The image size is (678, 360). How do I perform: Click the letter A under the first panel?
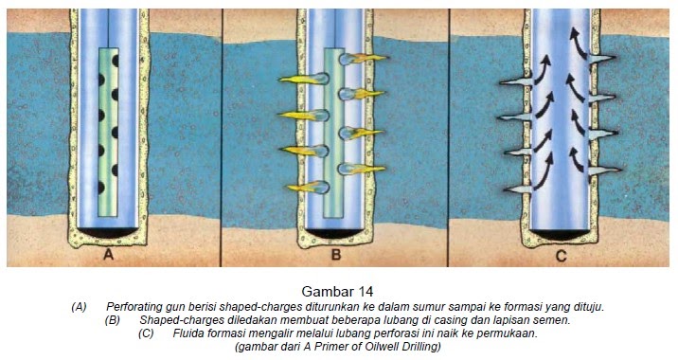pyautogui.click(x=109, y=255)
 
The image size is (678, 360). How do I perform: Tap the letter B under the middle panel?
pyautogui.click(x=336, y=255)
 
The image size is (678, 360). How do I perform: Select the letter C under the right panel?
pyautogui.click(x=561, y=256)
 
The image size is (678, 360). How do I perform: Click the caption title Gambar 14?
pyautogui.click(x=337, y=291)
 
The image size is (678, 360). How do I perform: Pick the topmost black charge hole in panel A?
pyautogui.click(x=115, y=60)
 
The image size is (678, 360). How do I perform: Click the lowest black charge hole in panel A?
pyautogui.click(x=101, y=188)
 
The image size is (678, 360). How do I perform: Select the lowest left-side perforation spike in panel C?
pyautogui.click(x=519, y=189)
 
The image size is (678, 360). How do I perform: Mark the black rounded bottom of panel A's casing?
pyautogui.click(x=108, y=232)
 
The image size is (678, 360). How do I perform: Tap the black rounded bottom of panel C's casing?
pyautogui.click(x=561, y=235)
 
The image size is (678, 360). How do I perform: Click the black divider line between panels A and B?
pyautogui.click(x=221, y=137)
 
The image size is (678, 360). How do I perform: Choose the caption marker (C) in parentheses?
pyautogui.click(x=146, y=334)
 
